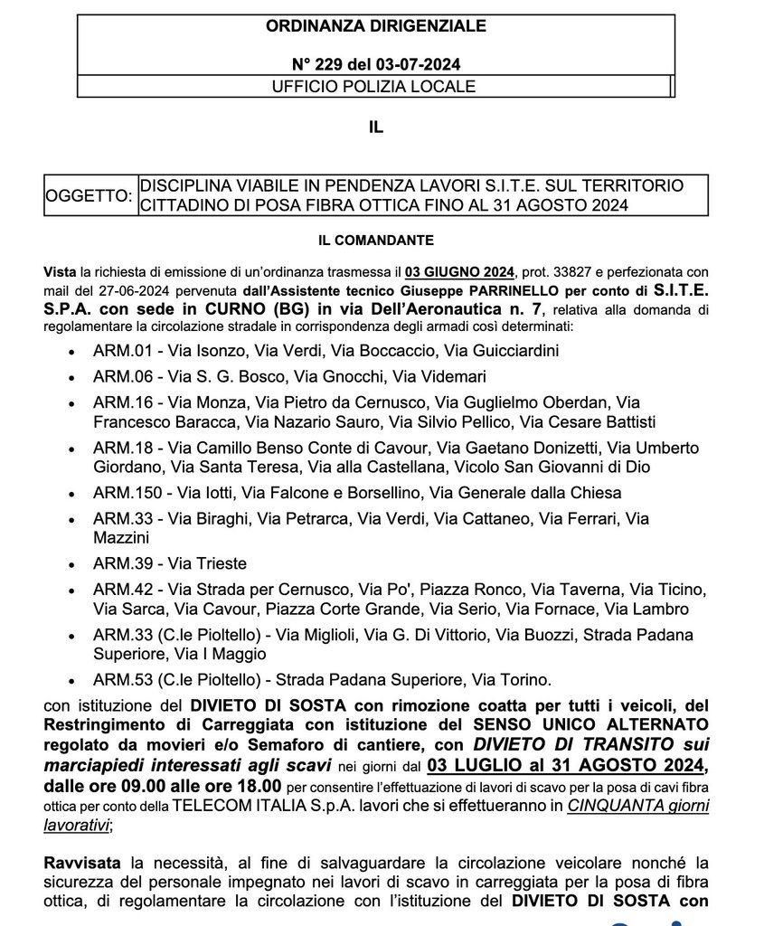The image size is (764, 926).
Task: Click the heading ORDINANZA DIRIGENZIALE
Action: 375,26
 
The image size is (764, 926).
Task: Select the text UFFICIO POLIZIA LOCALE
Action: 374,87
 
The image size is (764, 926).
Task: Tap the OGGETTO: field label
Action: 89,195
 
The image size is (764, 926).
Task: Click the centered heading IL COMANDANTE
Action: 375,241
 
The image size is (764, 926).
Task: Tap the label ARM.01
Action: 119,350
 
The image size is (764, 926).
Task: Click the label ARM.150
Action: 124,493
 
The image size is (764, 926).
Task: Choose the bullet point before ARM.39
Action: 72,564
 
